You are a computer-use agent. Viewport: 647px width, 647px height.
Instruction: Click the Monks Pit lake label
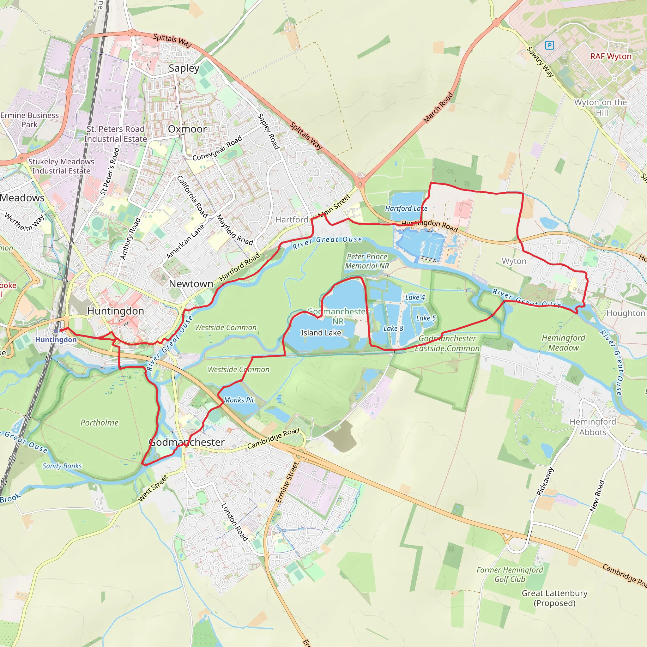click(239, 400)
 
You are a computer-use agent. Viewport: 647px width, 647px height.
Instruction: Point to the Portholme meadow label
click(100, 423)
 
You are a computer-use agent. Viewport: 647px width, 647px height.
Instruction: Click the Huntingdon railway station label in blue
click(56, 340)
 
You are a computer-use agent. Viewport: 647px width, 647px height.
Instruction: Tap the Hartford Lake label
click(406, 208)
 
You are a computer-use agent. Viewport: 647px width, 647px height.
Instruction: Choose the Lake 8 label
click(393, 328)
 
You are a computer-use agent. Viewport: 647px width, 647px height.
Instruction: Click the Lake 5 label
click(426, 318)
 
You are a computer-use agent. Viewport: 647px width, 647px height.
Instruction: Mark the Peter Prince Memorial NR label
click(367, 261)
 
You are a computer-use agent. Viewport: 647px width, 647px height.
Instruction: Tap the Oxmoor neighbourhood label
click(187, 129)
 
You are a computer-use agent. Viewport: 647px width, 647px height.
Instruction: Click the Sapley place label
click(184, 68)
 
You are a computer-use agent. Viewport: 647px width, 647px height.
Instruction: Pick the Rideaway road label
click(545, 481)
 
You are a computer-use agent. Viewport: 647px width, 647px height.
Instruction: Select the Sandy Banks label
click(62, 466)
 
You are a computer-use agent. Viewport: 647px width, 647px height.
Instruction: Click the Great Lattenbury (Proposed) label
click(554, 598)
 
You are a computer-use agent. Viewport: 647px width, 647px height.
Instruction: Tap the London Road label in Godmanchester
click(234, 522)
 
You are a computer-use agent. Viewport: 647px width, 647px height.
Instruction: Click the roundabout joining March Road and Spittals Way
click(360, 184)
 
